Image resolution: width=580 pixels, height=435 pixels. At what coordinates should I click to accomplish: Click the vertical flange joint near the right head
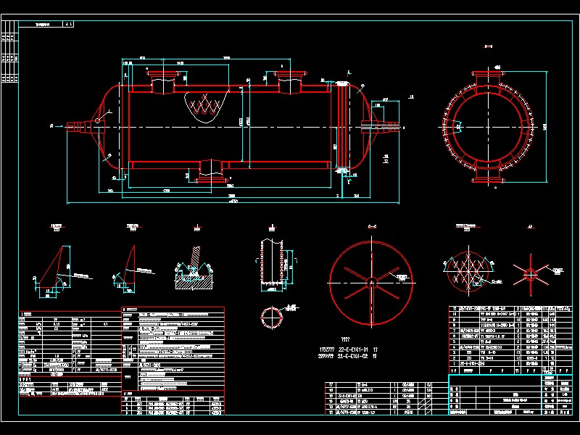pyautogui.click(x=341, y=127)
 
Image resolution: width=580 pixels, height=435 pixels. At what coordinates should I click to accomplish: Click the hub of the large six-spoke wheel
pyautogui.click(x=370, y=280)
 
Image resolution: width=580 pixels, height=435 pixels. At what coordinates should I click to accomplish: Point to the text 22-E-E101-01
pyautogui.click(x=354, y=349)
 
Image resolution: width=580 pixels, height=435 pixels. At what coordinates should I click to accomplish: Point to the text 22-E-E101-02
pyautogui.click(x=354, y=357)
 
